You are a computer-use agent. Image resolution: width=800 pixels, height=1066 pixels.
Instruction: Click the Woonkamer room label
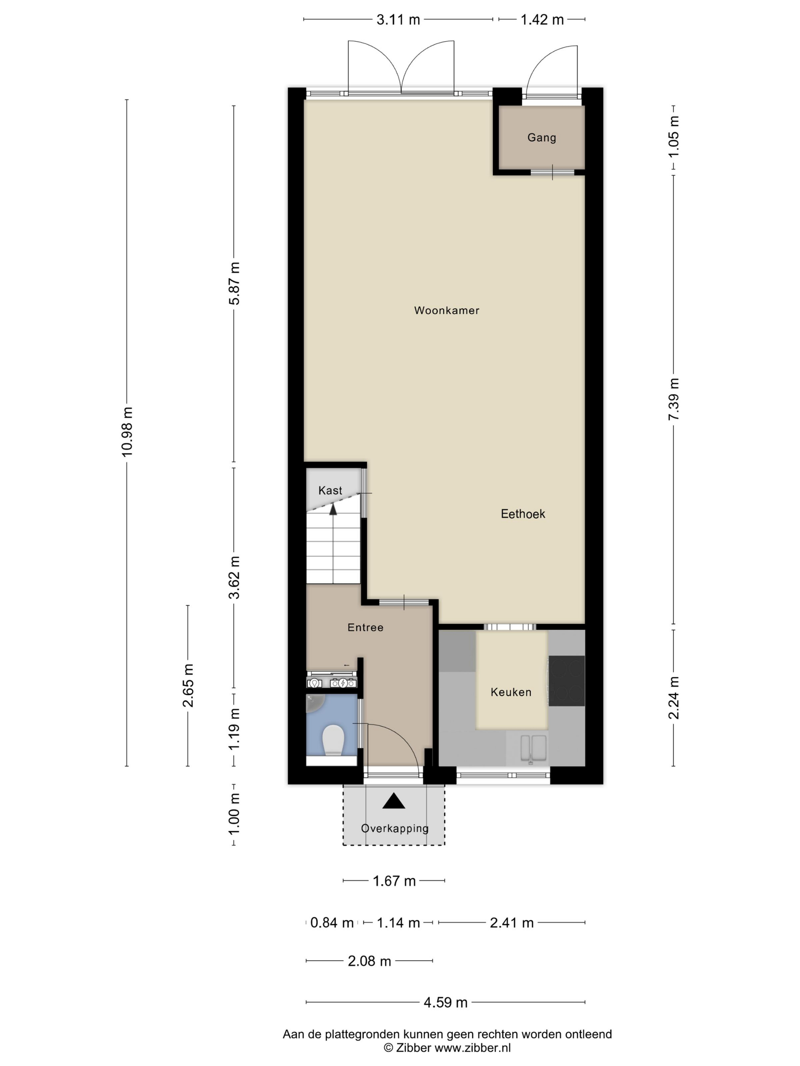click(446, 310)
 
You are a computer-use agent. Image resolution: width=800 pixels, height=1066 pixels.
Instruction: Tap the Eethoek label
click(523, 514)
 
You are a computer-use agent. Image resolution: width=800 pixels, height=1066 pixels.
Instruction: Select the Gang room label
click(542, 138)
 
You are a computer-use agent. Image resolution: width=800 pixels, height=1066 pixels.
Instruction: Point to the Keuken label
click(511, 692)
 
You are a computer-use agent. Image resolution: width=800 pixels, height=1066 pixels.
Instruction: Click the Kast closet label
click(330, 491)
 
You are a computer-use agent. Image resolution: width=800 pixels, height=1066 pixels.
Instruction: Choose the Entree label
click(365, 627)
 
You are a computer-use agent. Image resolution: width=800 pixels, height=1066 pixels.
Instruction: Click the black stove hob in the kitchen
click(566, 680)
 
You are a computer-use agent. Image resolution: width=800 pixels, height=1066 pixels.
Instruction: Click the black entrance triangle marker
click(394, 801)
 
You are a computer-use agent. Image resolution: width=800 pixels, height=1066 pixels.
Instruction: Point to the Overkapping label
click(394, 828)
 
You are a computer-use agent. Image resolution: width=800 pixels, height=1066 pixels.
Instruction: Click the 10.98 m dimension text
click(127, 431)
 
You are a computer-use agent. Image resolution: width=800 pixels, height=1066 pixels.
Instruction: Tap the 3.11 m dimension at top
click(398, 20)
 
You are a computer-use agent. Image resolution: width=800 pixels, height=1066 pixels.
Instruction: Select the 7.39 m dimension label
click(674, 399)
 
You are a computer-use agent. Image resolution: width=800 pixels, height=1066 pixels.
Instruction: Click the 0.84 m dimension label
click(332, 922)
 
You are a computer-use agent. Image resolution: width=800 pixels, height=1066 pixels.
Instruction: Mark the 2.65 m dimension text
click(187, 685)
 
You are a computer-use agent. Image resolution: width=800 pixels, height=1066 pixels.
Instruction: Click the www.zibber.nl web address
click(473, 1047)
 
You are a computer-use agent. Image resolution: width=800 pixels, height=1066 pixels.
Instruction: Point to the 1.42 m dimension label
click(542, 20)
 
